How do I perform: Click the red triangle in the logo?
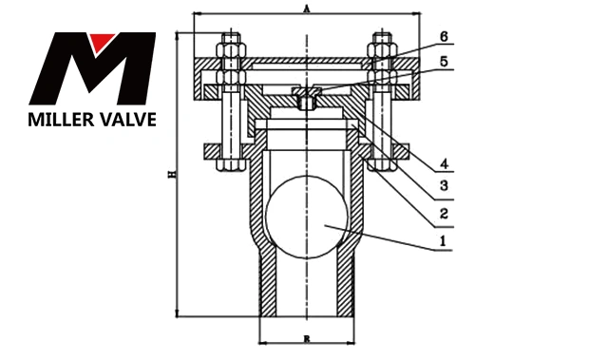point(102,42)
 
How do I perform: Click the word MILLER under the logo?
point(60,120)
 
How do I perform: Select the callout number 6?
point(444,36)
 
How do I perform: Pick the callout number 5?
point(444,61)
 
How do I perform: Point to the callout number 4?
point(445,164)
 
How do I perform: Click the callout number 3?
point(445,185)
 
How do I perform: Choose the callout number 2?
point(445,213)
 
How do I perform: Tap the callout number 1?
point(443,241)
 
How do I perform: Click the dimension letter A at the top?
point(307,9)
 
